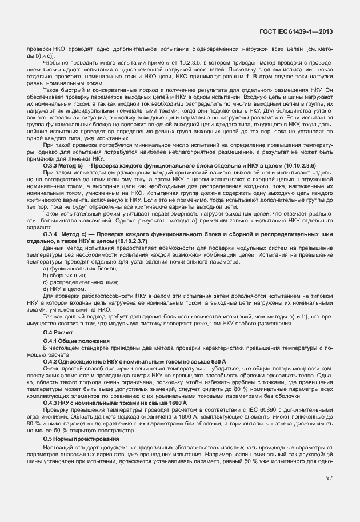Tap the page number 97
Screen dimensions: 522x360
[x=329, y=478]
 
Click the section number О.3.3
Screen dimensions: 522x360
[x=51, y=165]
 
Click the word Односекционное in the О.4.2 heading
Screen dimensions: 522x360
[x=82, y=362]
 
